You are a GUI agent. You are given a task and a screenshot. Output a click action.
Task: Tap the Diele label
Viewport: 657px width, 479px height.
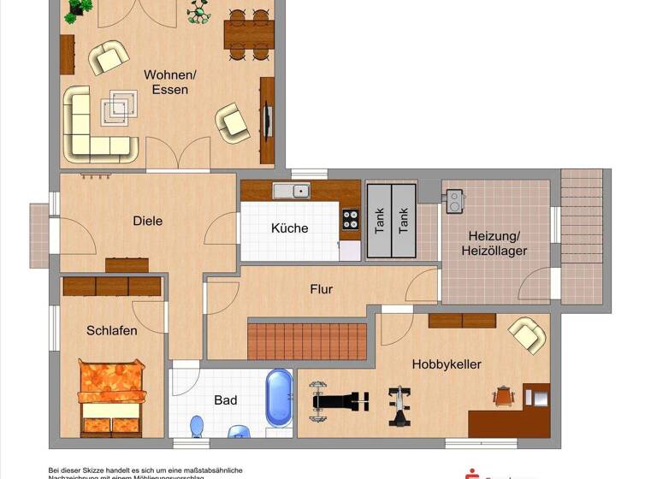tap(147, 221)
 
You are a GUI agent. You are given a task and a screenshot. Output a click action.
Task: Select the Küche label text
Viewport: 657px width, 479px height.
tap(289, 228)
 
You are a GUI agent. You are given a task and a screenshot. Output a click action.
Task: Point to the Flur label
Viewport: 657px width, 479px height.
tap(321, 289)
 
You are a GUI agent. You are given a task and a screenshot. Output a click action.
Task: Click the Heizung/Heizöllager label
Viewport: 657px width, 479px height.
tap(497, 243)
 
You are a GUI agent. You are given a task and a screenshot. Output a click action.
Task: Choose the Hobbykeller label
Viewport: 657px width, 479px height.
tap(447, 364)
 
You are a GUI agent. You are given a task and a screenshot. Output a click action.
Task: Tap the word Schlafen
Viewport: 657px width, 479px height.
tap(111, 330)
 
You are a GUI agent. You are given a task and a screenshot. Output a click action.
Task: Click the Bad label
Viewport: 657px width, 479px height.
tap(226, 399)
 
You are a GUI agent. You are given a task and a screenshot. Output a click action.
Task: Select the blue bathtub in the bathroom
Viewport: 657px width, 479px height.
tap(279, 397)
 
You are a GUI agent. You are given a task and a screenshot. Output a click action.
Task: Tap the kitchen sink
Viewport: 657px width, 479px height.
tap(292, 191)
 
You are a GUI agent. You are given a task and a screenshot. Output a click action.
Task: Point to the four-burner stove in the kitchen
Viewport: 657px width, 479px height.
tap(350, 219)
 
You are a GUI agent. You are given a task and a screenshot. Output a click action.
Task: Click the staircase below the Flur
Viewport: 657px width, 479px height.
tap(307, 340)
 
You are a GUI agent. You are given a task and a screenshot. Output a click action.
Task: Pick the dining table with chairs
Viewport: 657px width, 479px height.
tap(249, 34)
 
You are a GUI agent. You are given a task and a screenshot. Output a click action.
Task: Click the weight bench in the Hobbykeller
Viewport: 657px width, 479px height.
tap(340, 399)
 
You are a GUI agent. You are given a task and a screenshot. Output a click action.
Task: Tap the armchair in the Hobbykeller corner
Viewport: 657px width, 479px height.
tap(527, 334)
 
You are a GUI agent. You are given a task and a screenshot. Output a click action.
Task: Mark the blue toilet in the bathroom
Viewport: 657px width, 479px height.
tap(198, 425)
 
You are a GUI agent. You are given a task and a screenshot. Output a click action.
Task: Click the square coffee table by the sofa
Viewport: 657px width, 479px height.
tap(119, 108)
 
